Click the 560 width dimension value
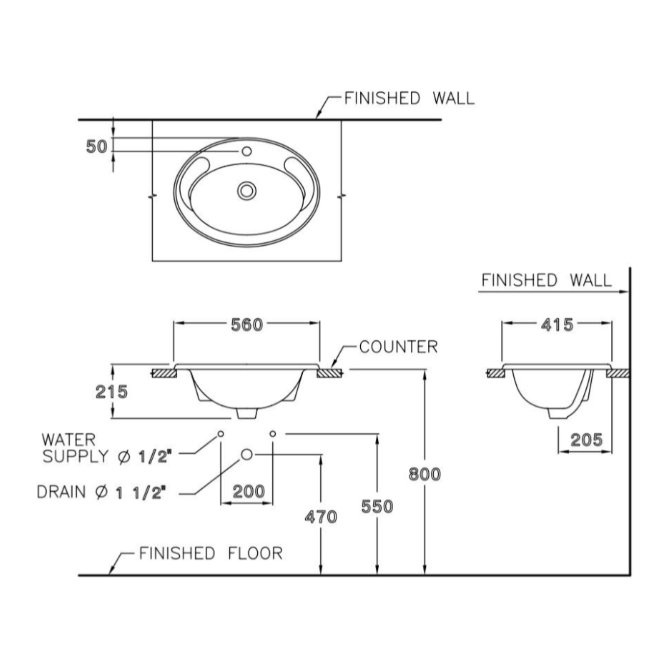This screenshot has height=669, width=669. [x=247, y=325]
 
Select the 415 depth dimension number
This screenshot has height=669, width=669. [x=557, y=325]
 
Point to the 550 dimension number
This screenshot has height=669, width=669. [x=377, y=507]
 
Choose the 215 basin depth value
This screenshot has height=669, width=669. [x=112, y=392]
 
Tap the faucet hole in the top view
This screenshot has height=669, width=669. [x=247, y=151]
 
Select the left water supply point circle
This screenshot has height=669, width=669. [x=221, y=434]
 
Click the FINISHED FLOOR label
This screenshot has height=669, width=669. [x=211, y=553]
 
